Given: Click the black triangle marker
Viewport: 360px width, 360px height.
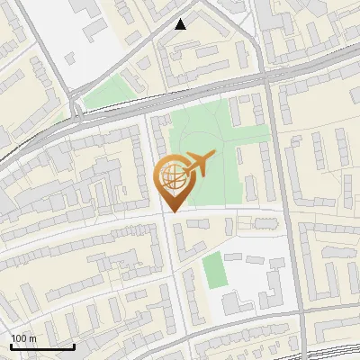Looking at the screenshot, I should [x=181, y=24].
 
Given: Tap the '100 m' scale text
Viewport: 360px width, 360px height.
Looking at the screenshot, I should [x=24, y=338].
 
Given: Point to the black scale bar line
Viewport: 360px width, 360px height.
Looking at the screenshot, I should [x=42, y=346].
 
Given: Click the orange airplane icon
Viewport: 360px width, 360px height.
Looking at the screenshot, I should [x=199, y=166].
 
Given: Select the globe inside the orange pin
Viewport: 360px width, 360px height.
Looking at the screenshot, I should [x=171, y=177].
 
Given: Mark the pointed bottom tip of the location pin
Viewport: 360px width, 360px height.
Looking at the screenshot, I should [x=171, y=211].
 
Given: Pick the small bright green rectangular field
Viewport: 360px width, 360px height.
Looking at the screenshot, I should [x=212, y=270].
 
